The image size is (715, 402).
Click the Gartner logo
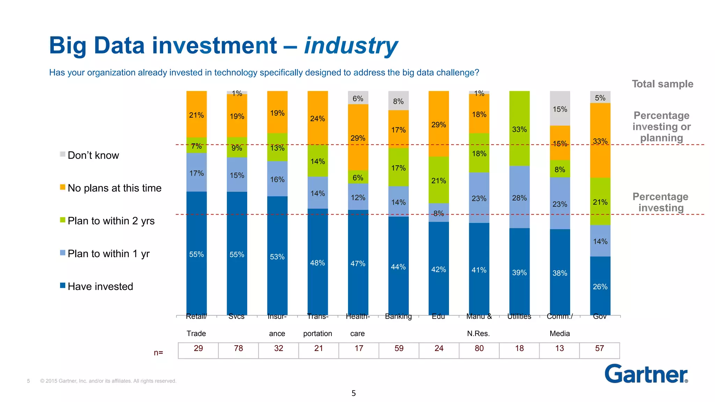pyautogui.click(x=646, y=374)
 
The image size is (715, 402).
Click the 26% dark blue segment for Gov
pyautogui.click(x=600, y=286)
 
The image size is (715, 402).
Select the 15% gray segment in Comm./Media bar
pyautogui.click(x=560, y=109)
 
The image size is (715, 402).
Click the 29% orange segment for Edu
pyautogui.click(x=438, y=124)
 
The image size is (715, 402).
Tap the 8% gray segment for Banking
pyautogui.click(x=398, y=101)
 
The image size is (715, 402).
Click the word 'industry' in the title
pyautogui.click(x=351, y=46)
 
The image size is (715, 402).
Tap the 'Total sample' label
pyautogui.click(x=662, y=84)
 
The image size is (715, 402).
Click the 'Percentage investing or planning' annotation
pyautogui.click(x=662, y=127)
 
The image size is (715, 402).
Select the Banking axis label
pyautogui.click(x=398, y=317)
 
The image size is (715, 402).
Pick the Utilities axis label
pyautogui.click(x=519, y=317)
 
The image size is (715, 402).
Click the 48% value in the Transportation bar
pyautogui.click(x=317, y=263)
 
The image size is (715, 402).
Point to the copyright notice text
pyautogui.click(x=108, y=381)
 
